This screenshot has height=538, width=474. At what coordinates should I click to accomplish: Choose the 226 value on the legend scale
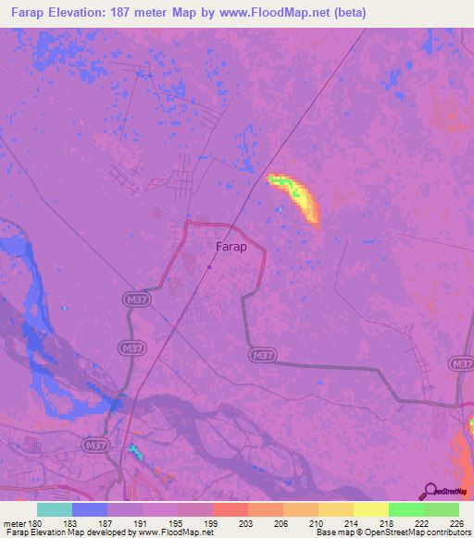tap(453, 523)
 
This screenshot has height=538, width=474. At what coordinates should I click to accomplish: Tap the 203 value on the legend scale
tap(243, 523)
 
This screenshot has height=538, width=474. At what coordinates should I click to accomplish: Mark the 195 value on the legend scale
tap(172, 523)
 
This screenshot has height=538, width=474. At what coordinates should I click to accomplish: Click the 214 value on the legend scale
tap(348, 523)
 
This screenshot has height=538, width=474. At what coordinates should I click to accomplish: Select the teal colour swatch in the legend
tap(55, 509)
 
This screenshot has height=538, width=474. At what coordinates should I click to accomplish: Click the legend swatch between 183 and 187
tap(90, 509)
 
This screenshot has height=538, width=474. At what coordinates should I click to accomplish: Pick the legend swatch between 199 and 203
tap(231, 509)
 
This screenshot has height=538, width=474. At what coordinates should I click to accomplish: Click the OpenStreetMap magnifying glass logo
tap(429, 492)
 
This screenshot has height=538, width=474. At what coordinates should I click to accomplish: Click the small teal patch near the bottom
tap(137, 451)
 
